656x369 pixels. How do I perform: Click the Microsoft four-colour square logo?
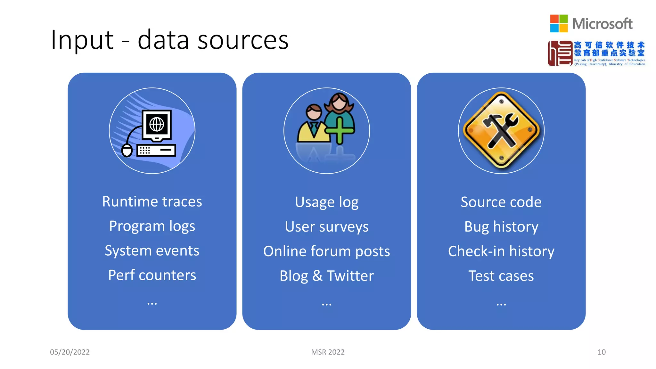click(559, 23)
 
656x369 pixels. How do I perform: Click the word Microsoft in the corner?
click(602, 24)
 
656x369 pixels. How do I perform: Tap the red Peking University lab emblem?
click(560, 53)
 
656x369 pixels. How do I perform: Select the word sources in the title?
click(243, 40)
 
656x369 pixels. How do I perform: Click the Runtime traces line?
click(152, 201)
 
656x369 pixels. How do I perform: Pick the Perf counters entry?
click(152, 275)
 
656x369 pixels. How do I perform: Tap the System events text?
click(152, 250)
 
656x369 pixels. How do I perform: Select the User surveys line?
click(327, 227)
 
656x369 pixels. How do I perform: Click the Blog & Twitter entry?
click(327, 276)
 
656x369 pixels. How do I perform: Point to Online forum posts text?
click(327, 251)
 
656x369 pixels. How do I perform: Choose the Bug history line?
click(501, 227)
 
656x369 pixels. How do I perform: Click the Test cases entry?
click(501, 276)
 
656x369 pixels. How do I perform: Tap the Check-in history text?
click(501, 251)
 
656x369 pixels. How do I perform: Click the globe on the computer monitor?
click(157, 124)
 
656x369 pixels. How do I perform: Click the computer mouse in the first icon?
click(127, 150)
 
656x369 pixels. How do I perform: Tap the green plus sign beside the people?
click(340, 130)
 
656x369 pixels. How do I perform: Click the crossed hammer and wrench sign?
click(501, 130)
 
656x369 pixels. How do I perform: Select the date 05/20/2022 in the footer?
click(70, 352)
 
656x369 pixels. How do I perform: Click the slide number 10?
click(601, 352)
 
